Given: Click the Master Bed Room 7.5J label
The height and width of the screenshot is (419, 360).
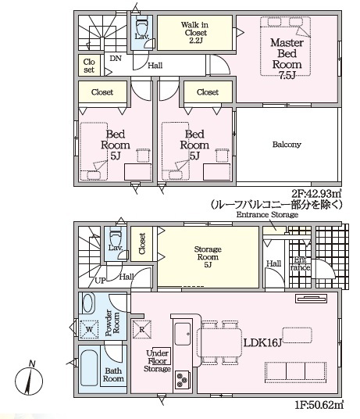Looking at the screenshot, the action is pyautogui.click(x=287, y=59).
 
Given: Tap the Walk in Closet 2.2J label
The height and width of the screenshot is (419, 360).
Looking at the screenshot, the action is pyautogui.click(x=194, y=33).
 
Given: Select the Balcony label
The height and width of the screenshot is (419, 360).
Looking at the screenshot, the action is pyautogui.click(x=287, y=145).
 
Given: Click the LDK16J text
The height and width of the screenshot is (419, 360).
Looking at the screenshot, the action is pyautogui.click(x=262, y=342).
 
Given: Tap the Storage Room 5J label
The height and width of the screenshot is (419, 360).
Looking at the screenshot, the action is pyautogui.click(x=208, y=257).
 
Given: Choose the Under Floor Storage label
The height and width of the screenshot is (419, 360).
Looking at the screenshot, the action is pyautogui.click(x=158, y=361).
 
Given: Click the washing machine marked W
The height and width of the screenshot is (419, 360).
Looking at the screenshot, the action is pyautogui.click(x=89, y=329).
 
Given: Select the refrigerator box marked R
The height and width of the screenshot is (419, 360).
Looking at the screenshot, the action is pyautogui.click(x=142, y=329).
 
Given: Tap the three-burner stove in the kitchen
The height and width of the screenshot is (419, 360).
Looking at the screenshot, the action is pyautogui.click(x=183, y=379).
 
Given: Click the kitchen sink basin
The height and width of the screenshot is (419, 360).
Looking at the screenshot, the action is pyautogui.click(x=183, y=334).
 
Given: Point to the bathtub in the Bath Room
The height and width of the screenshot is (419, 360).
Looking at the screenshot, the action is pyautogui.click(x=89, y=367).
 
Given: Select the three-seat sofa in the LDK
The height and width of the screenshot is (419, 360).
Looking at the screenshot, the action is pyautogui.click(x=295, y=373).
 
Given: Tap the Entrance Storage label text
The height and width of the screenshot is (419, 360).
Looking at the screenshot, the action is pyautogui.click(x=267, y=214).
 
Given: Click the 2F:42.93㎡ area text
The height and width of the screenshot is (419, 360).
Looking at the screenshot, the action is pyautogui.click(x=316, y=193).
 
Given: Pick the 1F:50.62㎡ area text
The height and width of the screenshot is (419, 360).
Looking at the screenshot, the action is pyautogui.click(x=319, y=405).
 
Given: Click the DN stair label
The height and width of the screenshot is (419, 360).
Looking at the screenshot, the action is pyautogui.click(x=116, y=59).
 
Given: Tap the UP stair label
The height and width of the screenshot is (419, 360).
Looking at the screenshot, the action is pyautogui.click(x=100, y=281).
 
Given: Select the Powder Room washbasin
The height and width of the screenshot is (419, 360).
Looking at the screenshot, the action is pyautogui.click(x=88, y=303).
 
